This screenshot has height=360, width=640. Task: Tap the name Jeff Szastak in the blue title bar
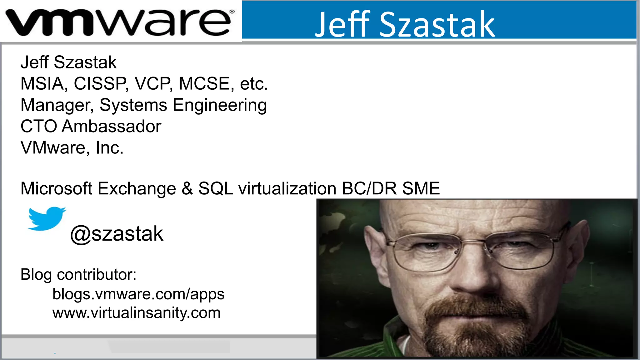tap(405, 24)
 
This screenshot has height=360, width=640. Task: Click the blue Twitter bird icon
tap(47, 218)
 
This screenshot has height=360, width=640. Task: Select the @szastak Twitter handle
tap(117, 234)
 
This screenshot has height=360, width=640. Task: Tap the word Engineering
tap(220, 105)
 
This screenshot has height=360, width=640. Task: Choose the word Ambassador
tap(111, 127)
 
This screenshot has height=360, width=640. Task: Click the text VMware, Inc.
tap(72, 148)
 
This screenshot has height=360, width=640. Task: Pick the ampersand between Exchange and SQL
tap(187, 188)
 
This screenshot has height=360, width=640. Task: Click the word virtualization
tap(287, 188)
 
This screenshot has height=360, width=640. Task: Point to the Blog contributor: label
tap(78, 275)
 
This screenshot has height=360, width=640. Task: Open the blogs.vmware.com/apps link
tap(138, 294)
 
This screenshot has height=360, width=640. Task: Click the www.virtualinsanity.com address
tap(136, 313)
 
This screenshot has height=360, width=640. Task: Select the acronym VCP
tap(153, 84)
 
